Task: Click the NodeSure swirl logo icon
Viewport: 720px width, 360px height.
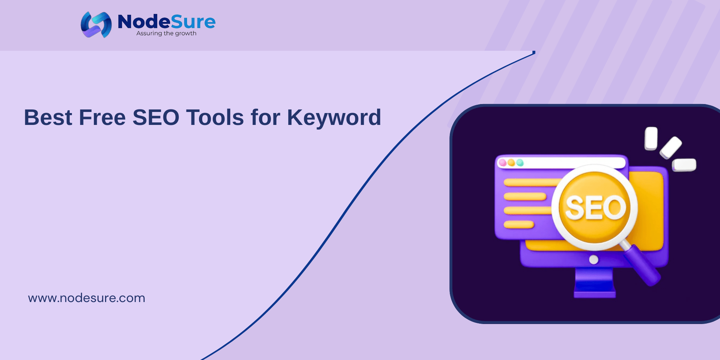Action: tap(96, 24)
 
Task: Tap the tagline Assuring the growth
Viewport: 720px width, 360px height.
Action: tap(166, 33)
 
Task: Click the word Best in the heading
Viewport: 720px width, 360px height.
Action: tap(48, 117)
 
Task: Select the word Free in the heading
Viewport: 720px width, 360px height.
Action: tap(102, 117)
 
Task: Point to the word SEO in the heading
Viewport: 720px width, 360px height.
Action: tap(156, 117)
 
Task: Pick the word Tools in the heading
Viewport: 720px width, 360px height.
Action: tap(215, 117)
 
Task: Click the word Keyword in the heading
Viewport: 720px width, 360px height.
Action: tap(334, 118)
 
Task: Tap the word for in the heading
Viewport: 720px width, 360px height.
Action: tap(266, 117)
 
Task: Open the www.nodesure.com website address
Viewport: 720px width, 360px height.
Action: tap(87, 298)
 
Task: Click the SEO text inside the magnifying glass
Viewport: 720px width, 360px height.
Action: tap(596, 208)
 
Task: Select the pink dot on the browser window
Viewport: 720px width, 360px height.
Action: tap(503, 163)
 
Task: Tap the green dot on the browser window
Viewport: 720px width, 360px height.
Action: tap(520, 163)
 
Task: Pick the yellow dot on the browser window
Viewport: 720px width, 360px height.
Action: tap(511, 163)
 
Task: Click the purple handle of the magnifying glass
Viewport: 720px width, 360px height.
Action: tap(643, 266)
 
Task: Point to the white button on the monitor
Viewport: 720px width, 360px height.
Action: tap(594, 260)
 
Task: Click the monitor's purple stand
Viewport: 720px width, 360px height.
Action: tap(594, 283)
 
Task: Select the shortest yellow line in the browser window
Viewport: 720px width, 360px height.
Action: tap(519, 225)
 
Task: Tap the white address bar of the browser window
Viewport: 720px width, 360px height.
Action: tap(561, 163)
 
